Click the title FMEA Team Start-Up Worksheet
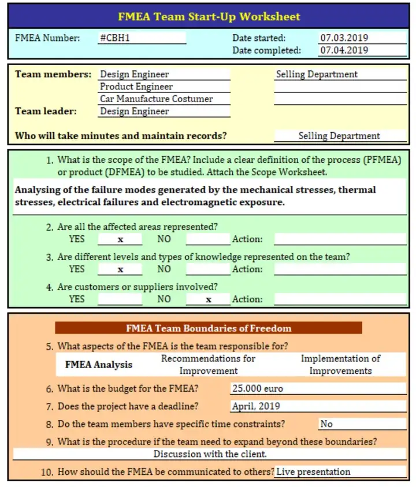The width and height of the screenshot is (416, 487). (209, 16)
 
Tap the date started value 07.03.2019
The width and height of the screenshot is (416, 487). (344, 38)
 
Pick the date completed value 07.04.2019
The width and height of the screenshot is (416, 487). (344, 50)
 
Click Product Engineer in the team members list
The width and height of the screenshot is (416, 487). (136, 87)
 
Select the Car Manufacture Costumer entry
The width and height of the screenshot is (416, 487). (156, 99)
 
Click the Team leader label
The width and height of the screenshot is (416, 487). (46, 111)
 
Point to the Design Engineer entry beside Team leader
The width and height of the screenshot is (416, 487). (135, 111)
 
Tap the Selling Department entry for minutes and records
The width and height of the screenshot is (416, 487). (339, 136)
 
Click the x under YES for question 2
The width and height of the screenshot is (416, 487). (120, 239)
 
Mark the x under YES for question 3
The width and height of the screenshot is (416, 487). (120, 269)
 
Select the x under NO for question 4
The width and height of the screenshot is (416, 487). (209, 299)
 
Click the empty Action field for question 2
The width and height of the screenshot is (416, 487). (340, 239)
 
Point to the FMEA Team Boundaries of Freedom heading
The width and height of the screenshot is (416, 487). (209, 328)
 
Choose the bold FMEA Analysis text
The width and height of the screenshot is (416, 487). (98, 365)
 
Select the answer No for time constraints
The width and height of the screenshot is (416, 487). (326, 424)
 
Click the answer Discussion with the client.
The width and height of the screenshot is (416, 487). (209, 454)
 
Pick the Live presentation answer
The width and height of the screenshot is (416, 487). (313, 472)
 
